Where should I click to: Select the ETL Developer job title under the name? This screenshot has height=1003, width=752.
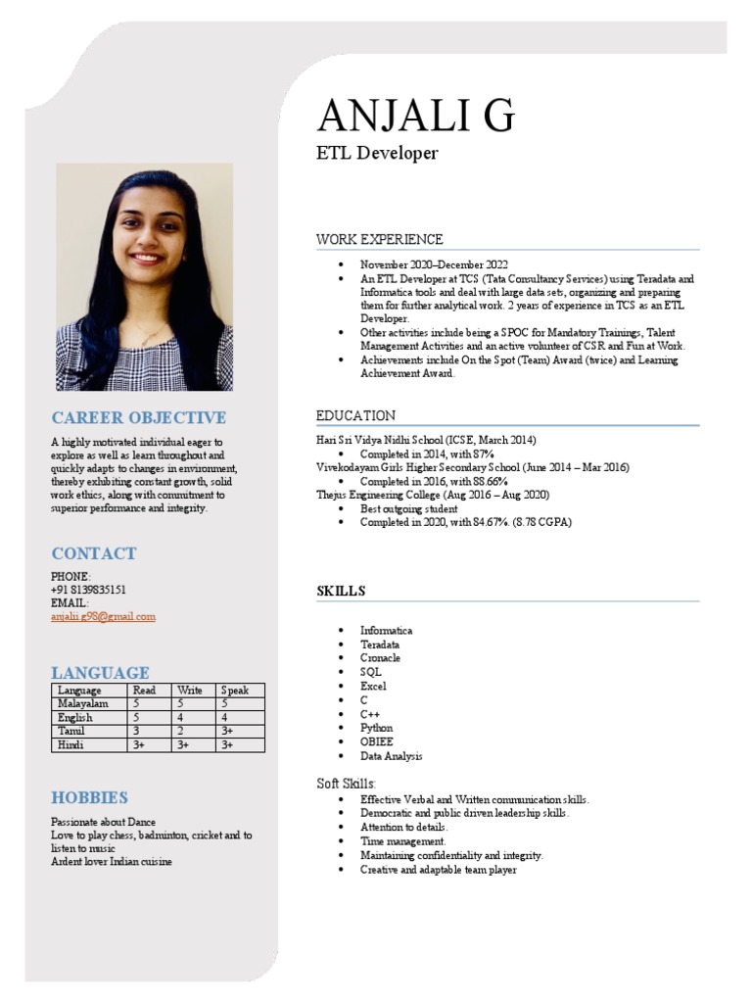pyautogui.click(x=377, y=153)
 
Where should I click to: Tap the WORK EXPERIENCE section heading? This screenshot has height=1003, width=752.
pyautogui.click(x=379, y=239)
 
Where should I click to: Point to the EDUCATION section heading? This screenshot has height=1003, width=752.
pyautogui.click(x=355, y=415)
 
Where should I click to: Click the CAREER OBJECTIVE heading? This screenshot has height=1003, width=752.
pyautogui.click(x=138, y=417)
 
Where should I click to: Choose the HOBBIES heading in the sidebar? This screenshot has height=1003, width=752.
pyautogui.click(x=90, y=797)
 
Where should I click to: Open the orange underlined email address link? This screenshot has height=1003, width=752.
pyautogui.click(x=103, y=616)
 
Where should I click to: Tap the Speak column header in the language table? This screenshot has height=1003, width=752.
pyautogui.click(x=235, y=690)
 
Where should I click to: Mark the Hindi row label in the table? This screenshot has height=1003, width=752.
pyautogui.click(x=70, y=744)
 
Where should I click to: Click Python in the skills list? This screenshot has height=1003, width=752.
pyautogui.click(x=376, y=728)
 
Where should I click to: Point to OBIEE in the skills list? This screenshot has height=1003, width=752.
pyautogui.click(x=376, y=742)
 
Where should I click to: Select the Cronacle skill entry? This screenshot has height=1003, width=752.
pyautogui.click(x=380, y=658)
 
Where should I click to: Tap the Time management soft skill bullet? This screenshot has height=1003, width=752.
pyautogui.click(x=402, y=841)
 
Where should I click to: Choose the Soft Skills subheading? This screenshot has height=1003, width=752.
pyautogui.click(x=346, y=783)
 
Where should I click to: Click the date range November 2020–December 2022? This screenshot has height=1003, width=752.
pyautogui.click(x=434, y=265)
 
